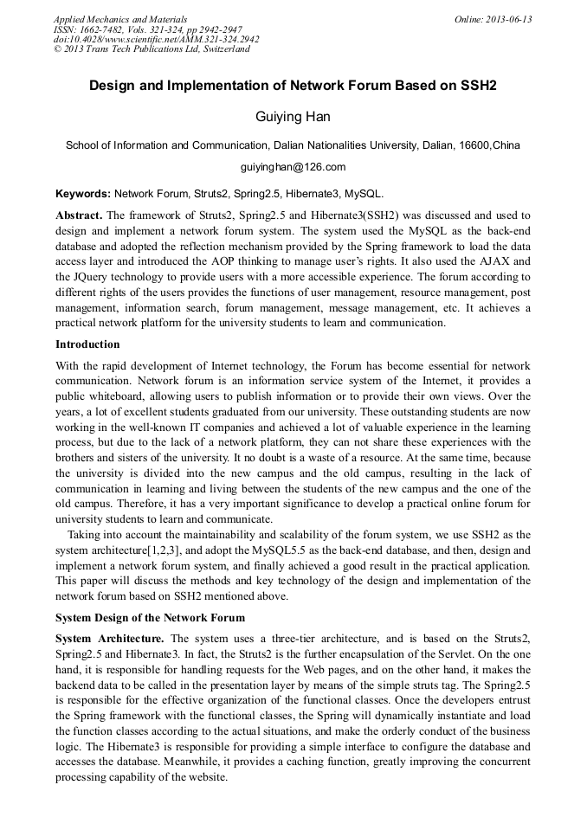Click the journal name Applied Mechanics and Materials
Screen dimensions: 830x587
coord(119,19)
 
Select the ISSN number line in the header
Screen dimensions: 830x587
coord(147,29)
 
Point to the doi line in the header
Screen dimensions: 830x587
coord(156,40)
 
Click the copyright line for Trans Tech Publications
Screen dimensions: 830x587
coord(152,49)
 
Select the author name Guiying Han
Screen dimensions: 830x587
coord(293,116)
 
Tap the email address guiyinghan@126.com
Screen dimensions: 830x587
coord(293,167)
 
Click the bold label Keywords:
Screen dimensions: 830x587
coord(83,194)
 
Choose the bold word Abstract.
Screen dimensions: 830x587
coord(79,215)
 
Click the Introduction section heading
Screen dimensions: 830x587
coord(87,344)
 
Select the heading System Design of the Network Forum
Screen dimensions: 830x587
coord(150,617)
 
